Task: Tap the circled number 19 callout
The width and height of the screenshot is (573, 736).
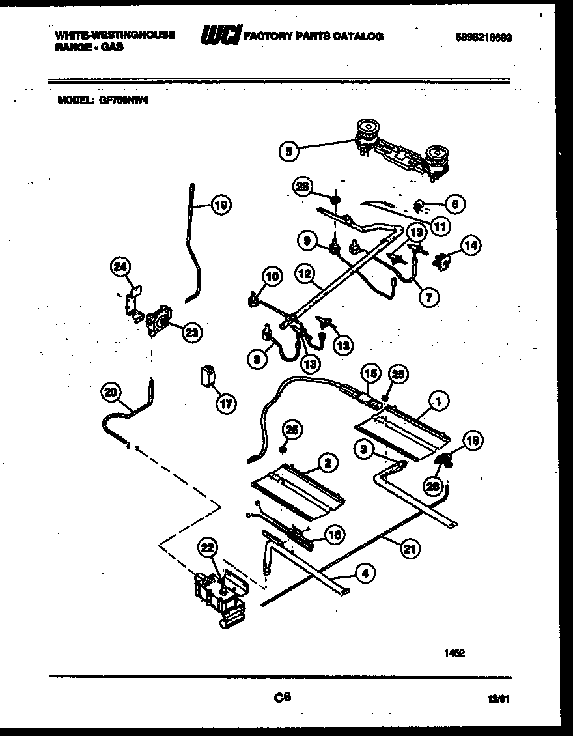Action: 221,206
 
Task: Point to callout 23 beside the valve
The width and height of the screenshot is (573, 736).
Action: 191,333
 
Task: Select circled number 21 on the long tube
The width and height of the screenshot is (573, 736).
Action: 408,548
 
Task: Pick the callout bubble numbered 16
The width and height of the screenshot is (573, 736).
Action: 335,535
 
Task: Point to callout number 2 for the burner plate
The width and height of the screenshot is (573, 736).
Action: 328,462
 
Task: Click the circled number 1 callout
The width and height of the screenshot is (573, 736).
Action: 439,402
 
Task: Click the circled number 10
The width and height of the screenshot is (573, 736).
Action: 272,277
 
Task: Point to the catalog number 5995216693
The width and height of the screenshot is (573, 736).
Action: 483,37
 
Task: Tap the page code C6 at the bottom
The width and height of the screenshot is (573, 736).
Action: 282,697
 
